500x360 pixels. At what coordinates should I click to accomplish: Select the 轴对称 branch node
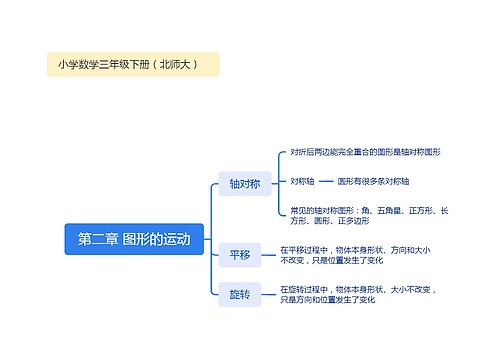pyautogui.click(x=244, y=183)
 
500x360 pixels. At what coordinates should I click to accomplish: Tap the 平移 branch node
pyautogui.click(x=240, y=255)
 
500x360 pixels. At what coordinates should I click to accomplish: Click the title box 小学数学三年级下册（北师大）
pyautogui.click(x=133, y=64)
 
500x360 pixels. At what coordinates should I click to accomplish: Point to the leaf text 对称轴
pyautogui.click(x=302, y=181)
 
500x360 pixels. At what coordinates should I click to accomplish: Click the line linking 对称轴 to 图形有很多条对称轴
pyautogui.click(x=325, y=181)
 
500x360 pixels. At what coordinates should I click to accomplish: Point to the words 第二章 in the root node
pyautogui.click(x=98, y=239)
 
